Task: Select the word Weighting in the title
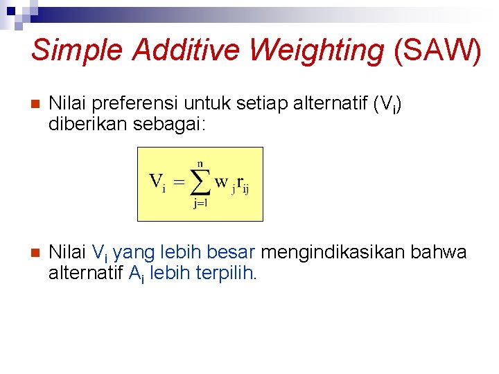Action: (317, 51)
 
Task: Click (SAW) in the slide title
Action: (437, 51)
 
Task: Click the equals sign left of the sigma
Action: (178, 182)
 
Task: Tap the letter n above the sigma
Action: (200, 163)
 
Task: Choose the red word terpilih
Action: (225, 273)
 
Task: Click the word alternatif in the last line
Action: (86, 273)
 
